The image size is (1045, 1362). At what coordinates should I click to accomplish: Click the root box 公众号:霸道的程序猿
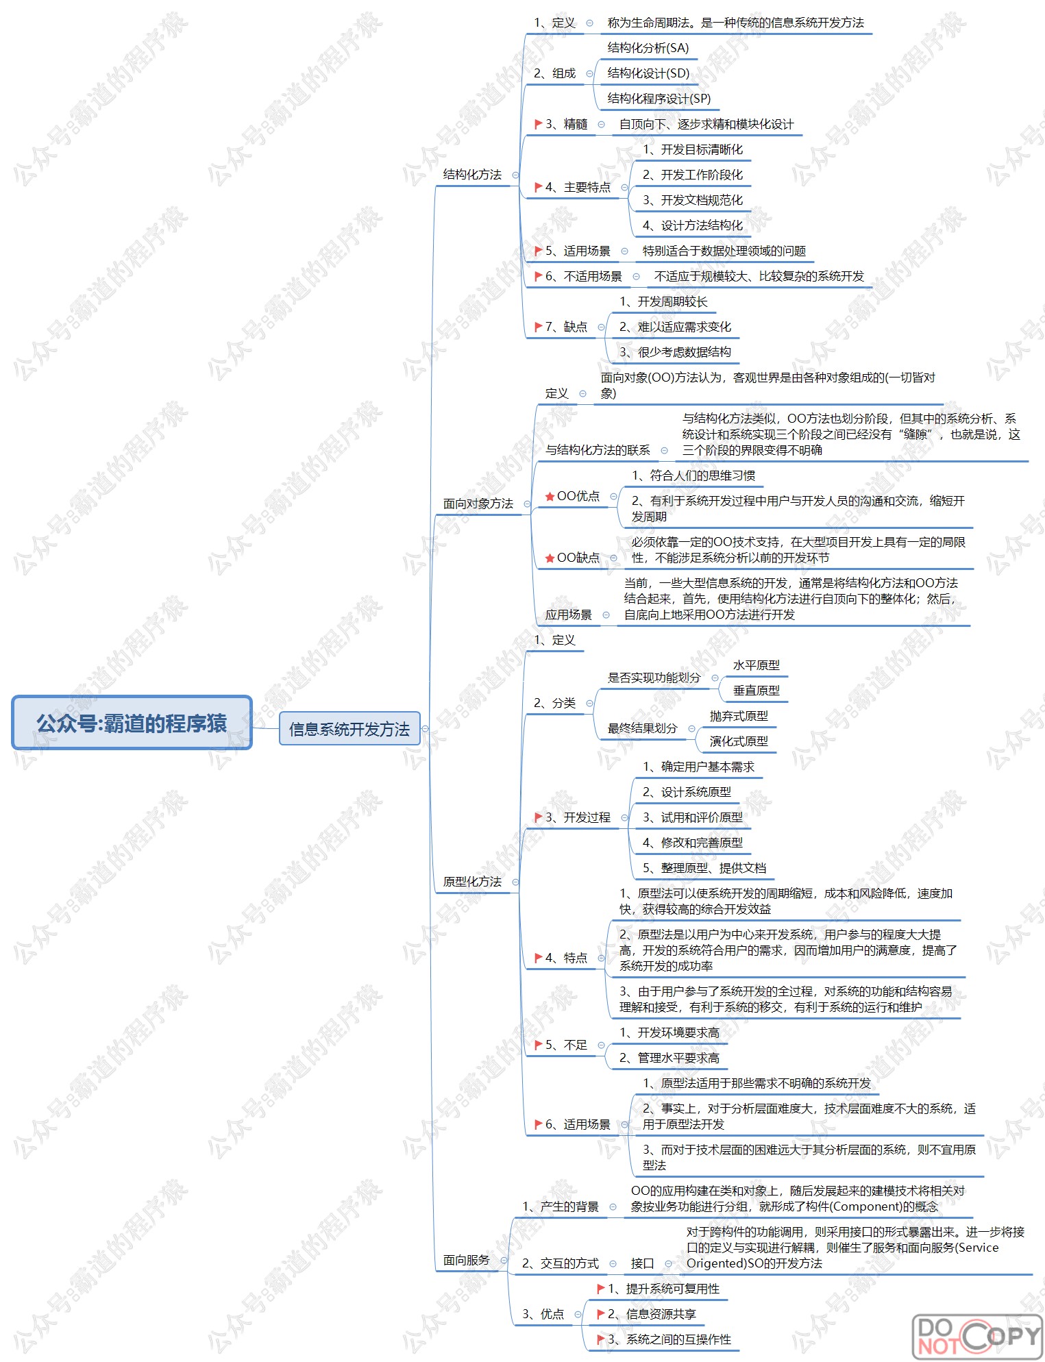[132, 723]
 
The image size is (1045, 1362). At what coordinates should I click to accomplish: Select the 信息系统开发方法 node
[349, 729]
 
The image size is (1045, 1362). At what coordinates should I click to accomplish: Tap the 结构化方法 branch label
[472, 175]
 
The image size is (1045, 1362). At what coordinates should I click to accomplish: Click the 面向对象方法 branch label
[478, 504]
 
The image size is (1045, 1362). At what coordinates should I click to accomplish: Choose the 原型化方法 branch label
[472, 882]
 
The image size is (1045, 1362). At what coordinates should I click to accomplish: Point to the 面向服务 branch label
[466, 1260]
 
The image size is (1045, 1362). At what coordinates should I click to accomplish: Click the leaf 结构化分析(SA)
[648, 48]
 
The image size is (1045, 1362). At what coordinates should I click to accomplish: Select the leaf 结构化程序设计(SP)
[659, 99]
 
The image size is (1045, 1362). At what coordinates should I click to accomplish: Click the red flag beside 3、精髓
[539, 124]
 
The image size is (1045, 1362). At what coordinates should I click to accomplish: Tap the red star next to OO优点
[550, 497]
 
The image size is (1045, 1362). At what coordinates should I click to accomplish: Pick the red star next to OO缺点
[550, 558]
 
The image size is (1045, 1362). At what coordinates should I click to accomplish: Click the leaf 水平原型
[756, 665]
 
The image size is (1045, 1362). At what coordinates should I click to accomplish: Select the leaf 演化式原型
[739, 741]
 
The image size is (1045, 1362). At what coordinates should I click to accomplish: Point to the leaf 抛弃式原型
[739, 716]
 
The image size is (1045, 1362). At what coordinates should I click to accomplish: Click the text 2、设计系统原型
[687, 792]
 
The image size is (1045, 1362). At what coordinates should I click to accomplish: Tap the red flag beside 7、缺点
[539, 327]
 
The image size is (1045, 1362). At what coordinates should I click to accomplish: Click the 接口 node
[642, 1263]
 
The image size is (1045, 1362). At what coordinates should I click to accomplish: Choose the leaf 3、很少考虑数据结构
[675, 352]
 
